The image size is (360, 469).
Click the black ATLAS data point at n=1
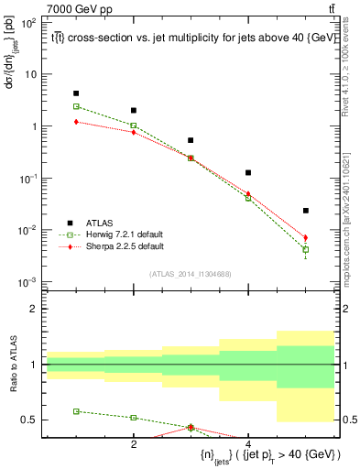[76, 93]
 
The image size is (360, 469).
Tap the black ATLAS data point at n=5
[306, 211]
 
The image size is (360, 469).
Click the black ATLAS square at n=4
[248, 172]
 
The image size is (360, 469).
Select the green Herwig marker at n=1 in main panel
[76, 106]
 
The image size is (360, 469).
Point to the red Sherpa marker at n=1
[76, 122]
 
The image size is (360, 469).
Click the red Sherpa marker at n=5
[306, 238]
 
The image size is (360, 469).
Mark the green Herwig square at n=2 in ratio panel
[134, 418]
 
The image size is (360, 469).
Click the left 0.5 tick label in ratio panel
[29, 420]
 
